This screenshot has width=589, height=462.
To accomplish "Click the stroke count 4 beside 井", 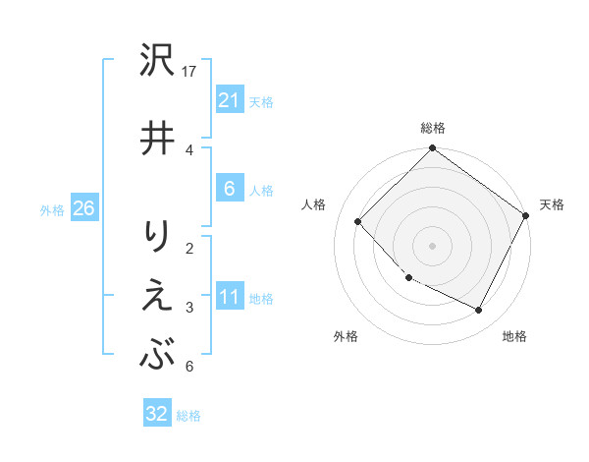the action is pos(189,149).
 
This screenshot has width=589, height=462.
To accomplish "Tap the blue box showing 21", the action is pos(229,99).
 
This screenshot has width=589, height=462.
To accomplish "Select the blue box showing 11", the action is pos(229,297).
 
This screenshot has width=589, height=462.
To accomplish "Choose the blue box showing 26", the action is pos(83,208).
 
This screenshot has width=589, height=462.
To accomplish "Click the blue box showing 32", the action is pos(157,414).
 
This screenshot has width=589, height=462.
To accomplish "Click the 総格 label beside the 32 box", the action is pos(188,416).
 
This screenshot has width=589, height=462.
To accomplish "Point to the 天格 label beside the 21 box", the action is pos(261,101).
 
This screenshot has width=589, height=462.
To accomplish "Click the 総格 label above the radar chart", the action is pos(432,128).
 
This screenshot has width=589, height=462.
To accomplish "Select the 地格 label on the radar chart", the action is pos(514,336).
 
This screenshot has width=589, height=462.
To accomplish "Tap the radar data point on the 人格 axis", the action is pos(358,221).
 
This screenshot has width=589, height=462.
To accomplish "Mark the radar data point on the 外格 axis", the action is pos(409,277).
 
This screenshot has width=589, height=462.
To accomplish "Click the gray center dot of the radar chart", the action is pos(432,245).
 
